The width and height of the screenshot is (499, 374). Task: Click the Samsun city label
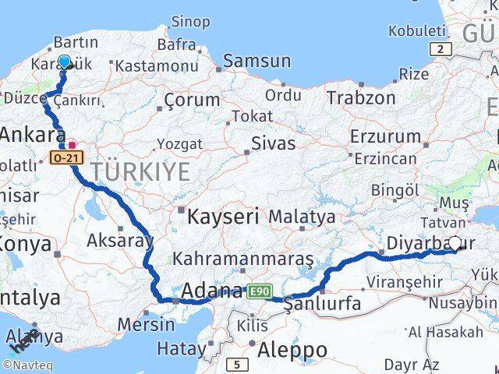[257, 61]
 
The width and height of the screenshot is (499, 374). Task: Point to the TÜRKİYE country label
[140, 171]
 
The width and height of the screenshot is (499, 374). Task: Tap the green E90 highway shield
[260, 291]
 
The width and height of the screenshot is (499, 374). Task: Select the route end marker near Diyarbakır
[455, 243]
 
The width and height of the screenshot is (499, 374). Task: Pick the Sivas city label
[273, 143]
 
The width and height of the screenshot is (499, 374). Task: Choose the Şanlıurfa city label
[323, 303]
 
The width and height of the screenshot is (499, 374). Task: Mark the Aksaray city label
[120, 241]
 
